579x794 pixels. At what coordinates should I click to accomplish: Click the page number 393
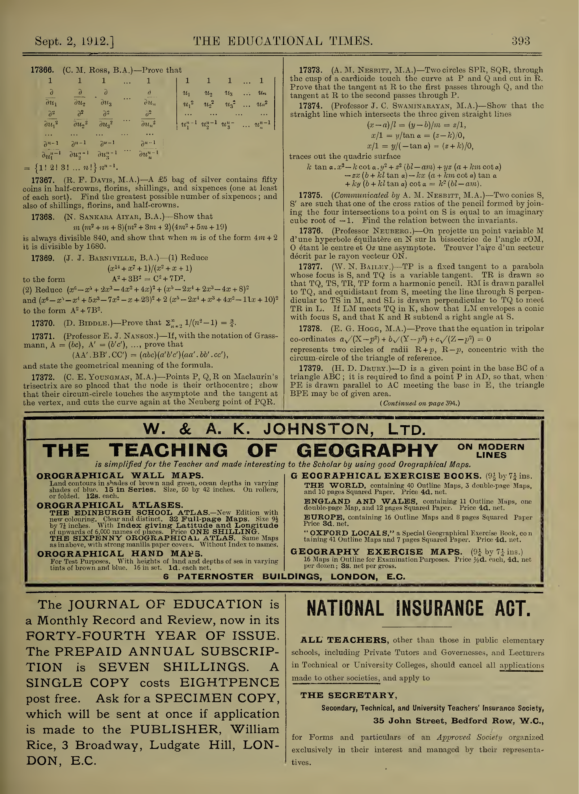click(x=520, y=41)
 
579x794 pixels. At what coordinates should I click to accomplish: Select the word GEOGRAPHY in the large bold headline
click(x=367, y=451)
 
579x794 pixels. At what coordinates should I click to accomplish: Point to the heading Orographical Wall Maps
click(x=120, y=475)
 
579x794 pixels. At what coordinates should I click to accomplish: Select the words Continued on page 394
click(x=419, y=403)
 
